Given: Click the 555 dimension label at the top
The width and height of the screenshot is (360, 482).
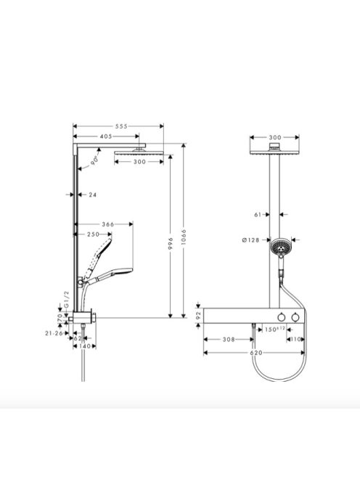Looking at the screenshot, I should (x=121, y=127).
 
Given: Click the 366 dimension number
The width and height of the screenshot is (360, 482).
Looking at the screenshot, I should (x=109, y=225).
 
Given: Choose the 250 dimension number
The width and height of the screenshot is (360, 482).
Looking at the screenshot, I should (x=93, y=234).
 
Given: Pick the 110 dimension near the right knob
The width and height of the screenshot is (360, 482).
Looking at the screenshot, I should (x=295, y=339).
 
